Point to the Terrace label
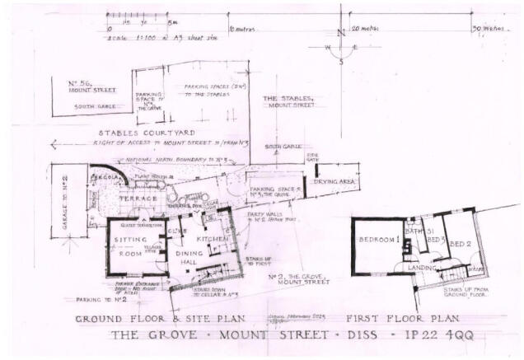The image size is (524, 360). [138, 199]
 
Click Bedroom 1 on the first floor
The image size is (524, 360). [379, 240]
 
